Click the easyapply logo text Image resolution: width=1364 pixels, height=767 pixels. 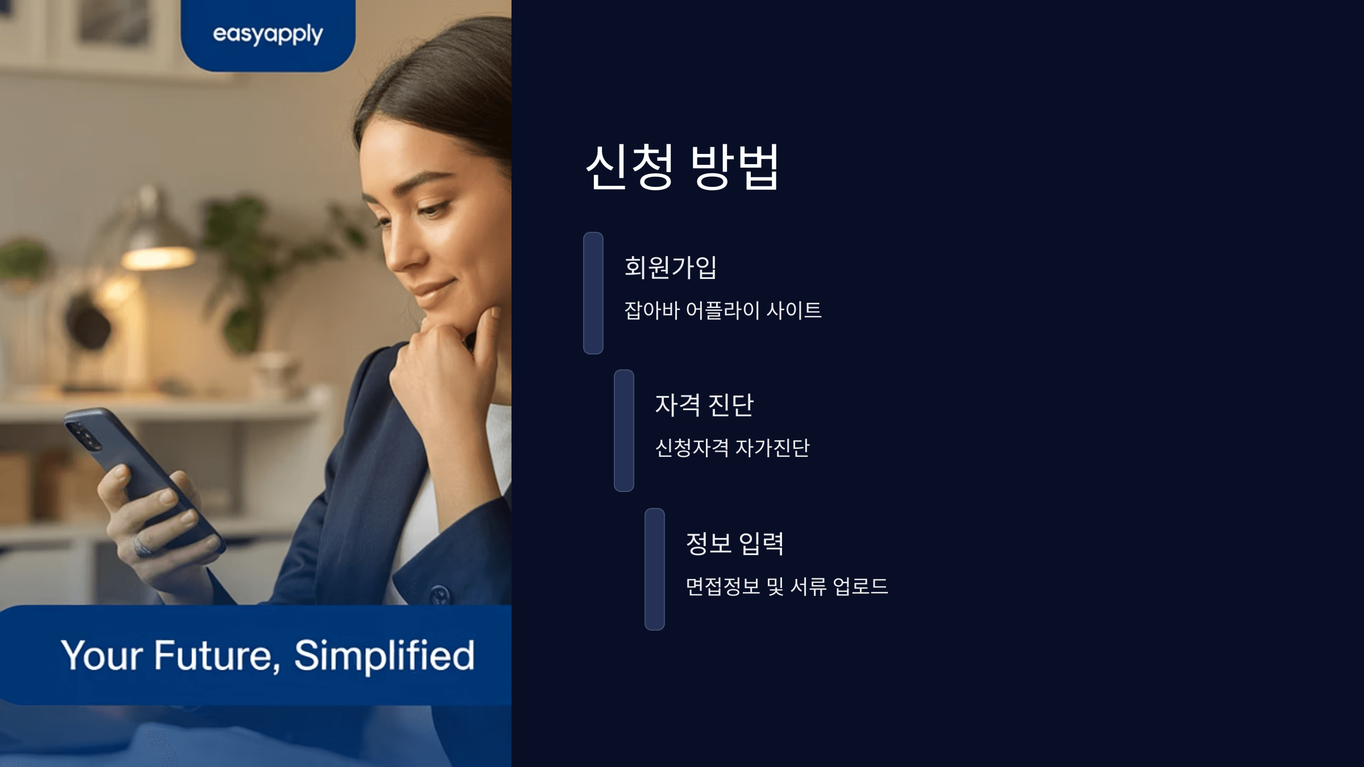(x=268, y=35)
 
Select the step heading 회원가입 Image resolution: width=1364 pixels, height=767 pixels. (x=671, y=267)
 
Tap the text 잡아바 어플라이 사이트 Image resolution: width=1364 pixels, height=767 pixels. (x=723, y=310)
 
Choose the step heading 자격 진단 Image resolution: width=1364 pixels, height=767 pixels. (x=704, y=405)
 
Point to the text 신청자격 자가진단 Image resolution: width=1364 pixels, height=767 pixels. (x=732, y=448)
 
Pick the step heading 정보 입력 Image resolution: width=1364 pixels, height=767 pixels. (x=735, y=543)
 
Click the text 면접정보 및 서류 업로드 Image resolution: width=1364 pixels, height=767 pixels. (x=787, y=586)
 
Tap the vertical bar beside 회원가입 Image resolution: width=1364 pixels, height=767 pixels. (x=593, y=293)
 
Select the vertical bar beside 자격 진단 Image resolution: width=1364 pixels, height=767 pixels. (x=623, y=431)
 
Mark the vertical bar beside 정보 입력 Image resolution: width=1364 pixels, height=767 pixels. (x=654, y=569)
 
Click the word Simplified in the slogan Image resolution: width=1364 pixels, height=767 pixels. (x=384, y=655)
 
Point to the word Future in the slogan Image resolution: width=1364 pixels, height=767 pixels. (x=214, y=655)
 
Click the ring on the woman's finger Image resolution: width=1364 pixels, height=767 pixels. (x=142, y=546)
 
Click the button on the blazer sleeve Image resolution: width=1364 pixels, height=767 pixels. (x=439, y=594)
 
